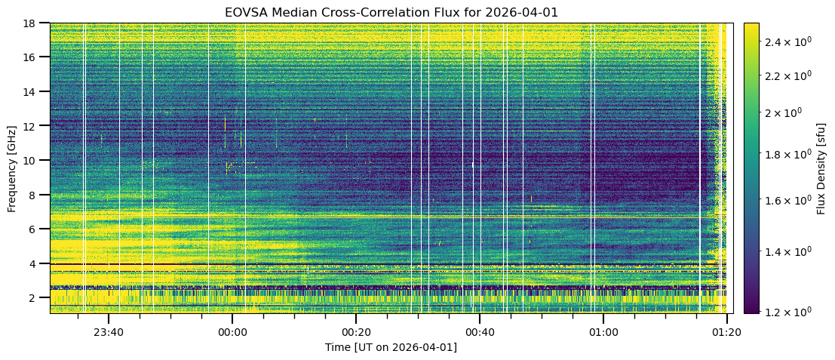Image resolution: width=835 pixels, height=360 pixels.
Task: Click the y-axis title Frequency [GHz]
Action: (x=12, y=168)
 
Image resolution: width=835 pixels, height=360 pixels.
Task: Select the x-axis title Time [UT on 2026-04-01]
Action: (x=391, y=347)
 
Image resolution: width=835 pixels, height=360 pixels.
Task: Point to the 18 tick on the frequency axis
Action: (x=34, y=23)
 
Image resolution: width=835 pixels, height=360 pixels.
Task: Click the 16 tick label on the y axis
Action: (x=34, y=57)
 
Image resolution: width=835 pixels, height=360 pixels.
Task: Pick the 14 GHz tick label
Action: (x=34, y=91)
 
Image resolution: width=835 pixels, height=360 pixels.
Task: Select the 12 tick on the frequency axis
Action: (x=34, y=126)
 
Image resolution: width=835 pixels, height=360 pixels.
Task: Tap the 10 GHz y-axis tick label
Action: (x=34, y=160)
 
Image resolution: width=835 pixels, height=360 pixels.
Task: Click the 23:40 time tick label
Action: (x=109, y=331)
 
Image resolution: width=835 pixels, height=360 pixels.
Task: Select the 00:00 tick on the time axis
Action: (x=232, y=331)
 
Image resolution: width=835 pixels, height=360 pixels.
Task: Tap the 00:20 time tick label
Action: (x=356, y=331)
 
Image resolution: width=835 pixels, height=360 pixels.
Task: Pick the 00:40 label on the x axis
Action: (x=480, y=331)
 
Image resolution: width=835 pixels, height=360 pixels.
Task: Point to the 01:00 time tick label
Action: (x=603, y=331)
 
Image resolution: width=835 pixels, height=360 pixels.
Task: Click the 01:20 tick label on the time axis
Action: (x=726, y=331)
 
